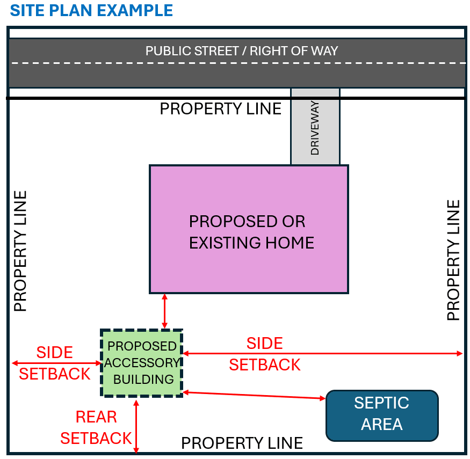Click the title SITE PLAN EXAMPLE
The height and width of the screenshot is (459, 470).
(91, 10)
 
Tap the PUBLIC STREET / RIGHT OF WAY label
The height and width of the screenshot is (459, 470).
(242, 52)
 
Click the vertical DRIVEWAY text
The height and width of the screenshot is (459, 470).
(315, 128)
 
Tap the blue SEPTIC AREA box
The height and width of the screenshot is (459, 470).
(382, 414)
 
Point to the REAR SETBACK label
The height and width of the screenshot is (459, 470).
(96, 427)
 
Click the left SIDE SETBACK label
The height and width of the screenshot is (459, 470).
(54, 363)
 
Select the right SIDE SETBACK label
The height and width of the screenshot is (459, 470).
(265, 354)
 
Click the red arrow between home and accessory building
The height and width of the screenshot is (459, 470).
(165, 311)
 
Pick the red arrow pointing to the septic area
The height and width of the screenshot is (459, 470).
(255, 395)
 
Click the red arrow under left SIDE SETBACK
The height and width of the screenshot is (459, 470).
(56, 363)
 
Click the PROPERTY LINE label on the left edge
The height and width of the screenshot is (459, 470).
(20, 251)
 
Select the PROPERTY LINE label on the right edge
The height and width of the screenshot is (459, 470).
(454, 260)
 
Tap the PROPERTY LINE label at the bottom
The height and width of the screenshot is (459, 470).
(242, 443)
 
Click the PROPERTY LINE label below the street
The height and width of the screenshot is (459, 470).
(220, 109)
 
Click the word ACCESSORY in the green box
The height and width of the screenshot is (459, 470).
(142, 363)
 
